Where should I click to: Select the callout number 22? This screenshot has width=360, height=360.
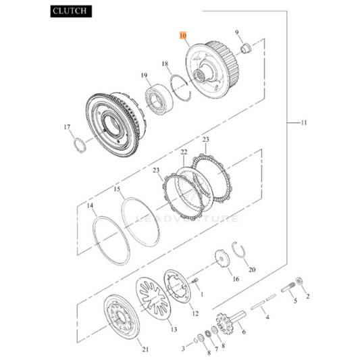[184, 153]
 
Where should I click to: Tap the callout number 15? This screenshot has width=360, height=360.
[117, 190]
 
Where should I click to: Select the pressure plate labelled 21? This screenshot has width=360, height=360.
[122, 318]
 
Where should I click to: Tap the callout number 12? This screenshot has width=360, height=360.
[195, 313]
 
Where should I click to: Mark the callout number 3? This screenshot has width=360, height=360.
[182, 349]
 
